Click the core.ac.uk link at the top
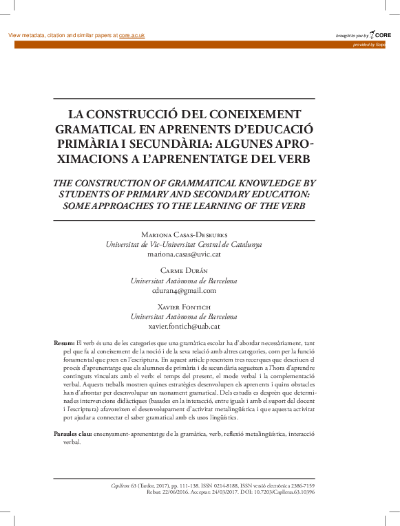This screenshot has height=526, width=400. pos(133,35)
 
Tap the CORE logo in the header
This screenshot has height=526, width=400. pos(381,34)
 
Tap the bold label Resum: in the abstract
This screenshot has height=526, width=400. pos(64,342)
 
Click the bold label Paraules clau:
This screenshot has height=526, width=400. pos(73,435)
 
